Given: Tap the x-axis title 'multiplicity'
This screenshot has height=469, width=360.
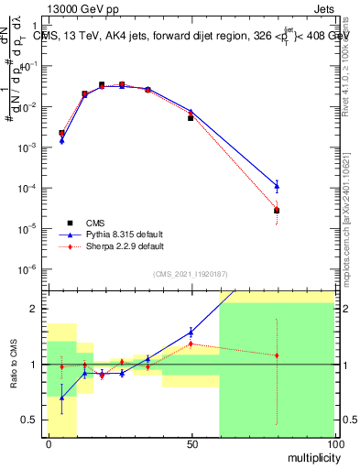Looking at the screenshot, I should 310,455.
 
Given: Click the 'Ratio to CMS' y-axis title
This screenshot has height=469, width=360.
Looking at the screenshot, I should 14,364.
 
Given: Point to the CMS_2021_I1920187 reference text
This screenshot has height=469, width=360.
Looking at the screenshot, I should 190,275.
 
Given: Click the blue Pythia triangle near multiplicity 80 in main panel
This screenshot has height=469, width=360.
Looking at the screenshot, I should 277,186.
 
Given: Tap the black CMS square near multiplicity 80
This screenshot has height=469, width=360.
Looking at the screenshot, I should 277,211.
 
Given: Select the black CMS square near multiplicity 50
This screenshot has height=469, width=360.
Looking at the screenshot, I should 191,118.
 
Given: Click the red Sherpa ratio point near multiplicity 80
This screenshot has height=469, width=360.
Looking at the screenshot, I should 277,355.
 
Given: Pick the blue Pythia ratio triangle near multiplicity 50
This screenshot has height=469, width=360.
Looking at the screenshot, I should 191,332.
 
